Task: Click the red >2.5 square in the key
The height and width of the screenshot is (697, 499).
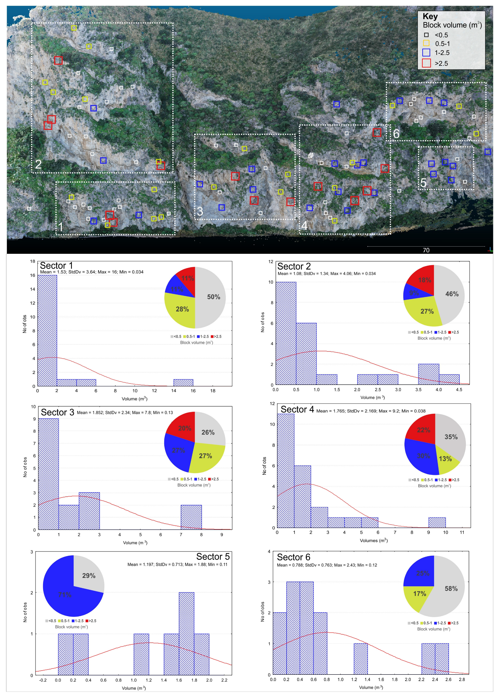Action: (x=426, y=63)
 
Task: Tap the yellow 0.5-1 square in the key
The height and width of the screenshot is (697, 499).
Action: (x=426, y=43)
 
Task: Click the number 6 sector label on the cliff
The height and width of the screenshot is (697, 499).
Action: (x=396, y=134)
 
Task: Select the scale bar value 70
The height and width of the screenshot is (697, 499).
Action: (x=426, y=250)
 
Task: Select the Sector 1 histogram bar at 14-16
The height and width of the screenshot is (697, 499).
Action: (x=183, y=383)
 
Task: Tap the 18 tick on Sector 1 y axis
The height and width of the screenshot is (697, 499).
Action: (x=33, y=261)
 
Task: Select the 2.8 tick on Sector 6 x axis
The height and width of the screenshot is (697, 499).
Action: (x=462, y=680)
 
